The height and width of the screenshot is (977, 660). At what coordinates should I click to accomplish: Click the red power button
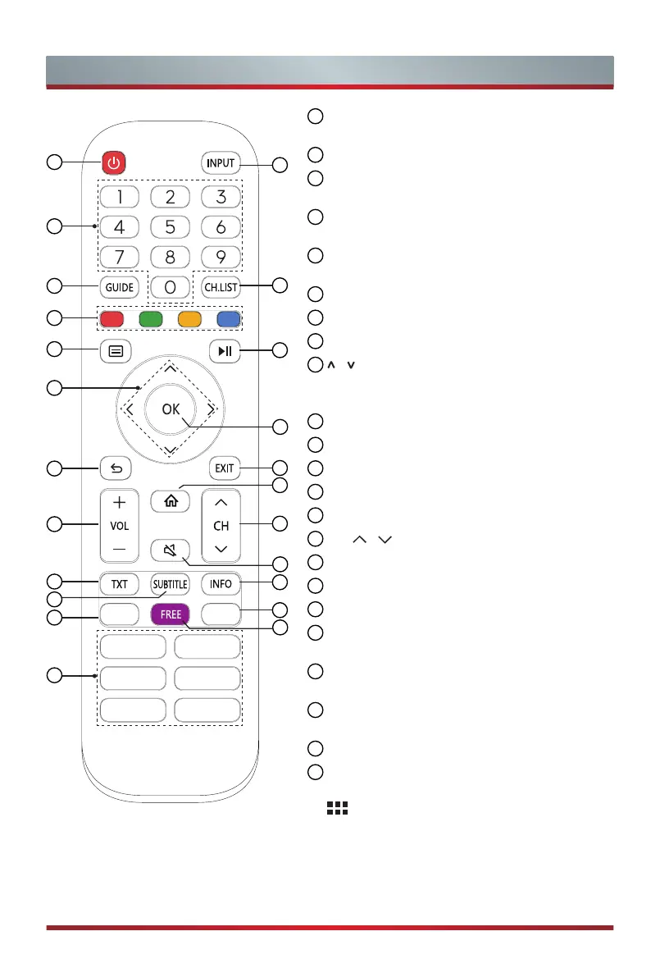tap(114, 163)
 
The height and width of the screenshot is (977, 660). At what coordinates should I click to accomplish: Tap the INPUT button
tap(221, 163)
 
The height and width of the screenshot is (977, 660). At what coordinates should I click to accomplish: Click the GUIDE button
tap(119, 287)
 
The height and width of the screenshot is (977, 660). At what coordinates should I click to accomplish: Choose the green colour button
tap(150, 317)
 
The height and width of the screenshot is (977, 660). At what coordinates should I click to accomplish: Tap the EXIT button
tap(224, 469)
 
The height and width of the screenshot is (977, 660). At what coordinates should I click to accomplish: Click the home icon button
tap(169, 499)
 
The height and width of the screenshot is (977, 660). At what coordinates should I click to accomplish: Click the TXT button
tap(120, 584)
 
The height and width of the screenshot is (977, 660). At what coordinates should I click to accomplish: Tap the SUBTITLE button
tap(170, 584)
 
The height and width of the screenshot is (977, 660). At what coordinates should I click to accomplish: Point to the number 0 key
tap(170, 288)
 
